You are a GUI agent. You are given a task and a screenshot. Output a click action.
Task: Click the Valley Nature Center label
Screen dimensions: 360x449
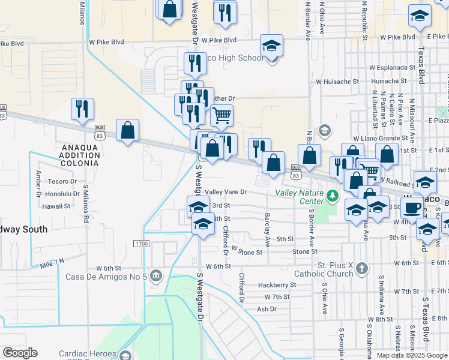click(298, 197)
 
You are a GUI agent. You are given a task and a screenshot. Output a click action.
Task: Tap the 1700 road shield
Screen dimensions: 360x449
click(142, 244)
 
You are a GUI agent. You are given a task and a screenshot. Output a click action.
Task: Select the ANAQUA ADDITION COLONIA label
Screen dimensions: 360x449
click(79, 155)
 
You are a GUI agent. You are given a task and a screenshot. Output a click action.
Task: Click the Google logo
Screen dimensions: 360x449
click(20, 353)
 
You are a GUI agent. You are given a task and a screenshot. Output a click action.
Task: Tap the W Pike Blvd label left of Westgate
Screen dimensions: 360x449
click(106, 43)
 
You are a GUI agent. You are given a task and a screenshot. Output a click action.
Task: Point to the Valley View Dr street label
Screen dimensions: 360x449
click(226, 192)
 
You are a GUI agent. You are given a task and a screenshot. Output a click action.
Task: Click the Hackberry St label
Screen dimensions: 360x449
click(277, 285)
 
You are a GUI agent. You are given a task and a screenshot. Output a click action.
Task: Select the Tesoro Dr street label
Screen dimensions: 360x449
click(65, 181)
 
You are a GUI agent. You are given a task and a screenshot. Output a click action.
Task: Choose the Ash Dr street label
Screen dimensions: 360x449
click(267, 309)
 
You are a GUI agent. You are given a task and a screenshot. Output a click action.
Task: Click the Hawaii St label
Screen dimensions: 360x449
click(56, 206)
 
